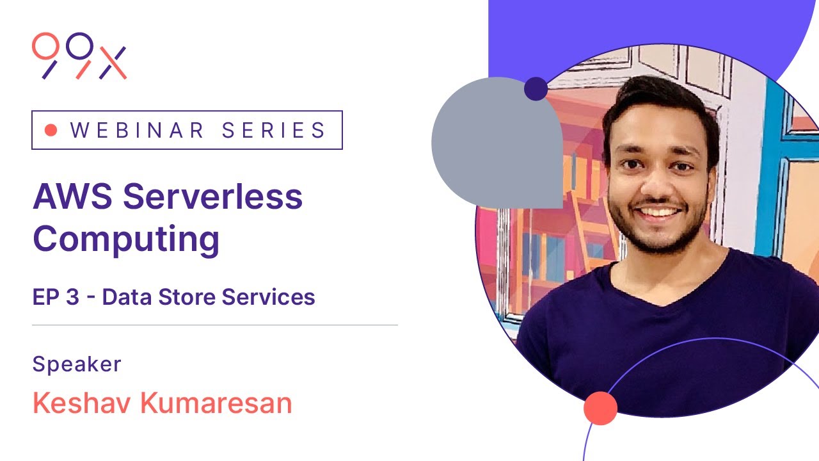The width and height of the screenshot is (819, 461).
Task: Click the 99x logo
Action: [79, 56]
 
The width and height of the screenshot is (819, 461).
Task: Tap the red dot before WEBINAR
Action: [52, 130]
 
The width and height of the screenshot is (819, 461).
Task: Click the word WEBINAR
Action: [138, 130]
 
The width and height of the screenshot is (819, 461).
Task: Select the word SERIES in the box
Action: [274, 130]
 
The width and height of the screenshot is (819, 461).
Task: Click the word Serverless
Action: [212, 197]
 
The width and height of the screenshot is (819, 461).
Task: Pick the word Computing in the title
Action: [126, 239]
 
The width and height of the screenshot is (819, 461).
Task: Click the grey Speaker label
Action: [77, 364]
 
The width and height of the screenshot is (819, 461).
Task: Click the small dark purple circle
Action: [536, 89]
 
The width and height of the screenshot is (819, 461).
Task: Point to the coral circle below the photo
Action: [600, 408]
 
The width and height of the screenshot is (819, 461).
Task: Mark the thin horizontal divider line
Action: [215, 325]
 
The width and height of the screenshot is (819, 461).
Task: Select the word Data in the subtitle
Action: [123, 297]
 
